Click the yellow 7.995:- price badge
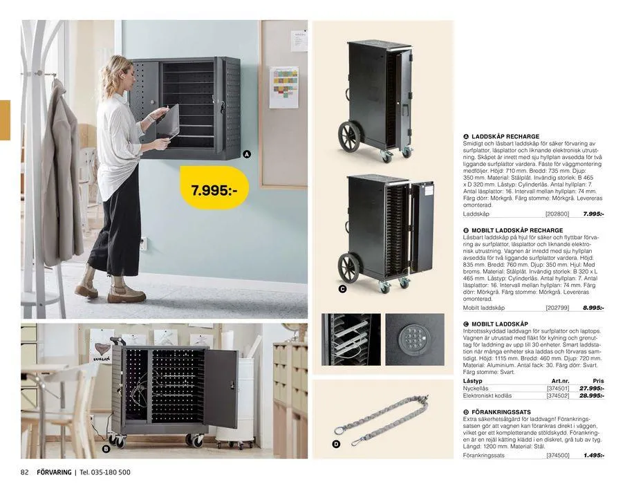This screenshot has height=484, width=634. pos(218,188)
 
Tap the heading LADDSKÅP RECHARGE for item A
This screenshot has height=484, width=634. pos(505,137)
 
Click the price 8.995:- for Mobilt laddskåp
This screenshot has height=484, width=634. pos(593,308)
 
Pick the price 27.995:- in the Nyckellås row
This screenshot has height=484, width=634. pos(592,389)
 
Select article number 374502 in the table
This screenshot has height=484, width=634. pos(557,395)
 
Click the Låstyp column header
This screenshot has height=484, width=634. pos(473,381)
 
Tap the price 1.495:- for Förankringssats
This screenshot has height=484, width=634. pos(593,456)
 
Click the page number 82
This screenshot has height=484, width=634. pos(24,472)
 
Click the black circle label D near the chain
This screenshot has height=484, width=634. pos(336,444)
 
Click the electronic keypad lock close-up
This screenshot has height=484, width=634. pos(414,339)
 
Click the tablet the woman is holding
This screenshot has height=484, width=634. pos(168,121)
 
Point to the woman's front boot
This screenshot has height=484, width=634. pos(126,291)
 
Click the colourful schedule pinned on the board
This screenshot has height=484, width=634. pos(283,86)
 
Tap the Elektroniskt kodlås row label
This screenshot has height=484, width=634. pos(487,395)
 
